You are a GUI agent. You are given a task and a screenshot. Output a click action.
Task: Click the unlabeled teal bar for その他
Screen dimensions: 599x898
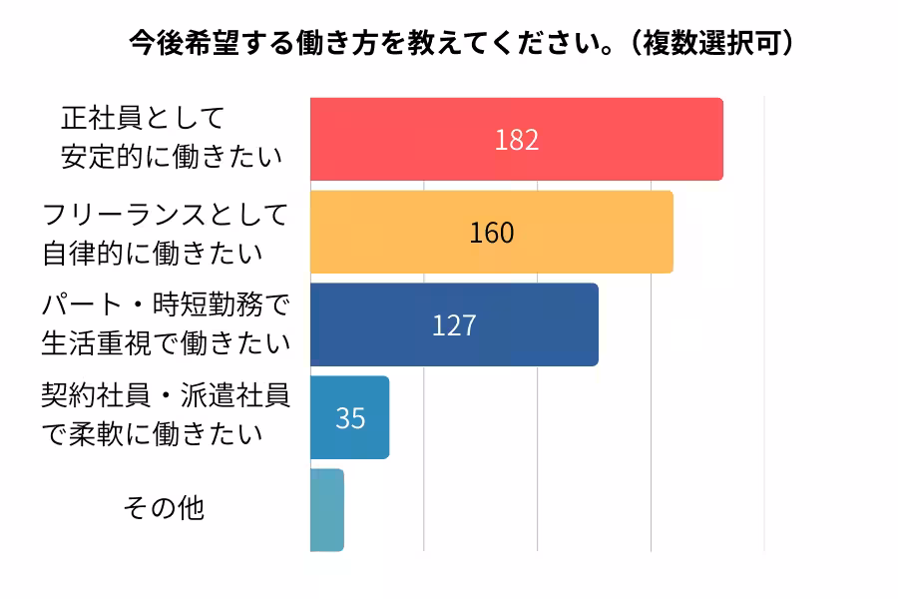pyautogui.click(x=326, y=510)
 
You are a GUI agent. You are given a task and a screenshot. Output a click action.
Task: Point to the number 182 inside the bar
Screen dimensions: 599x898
pyautogui.click(x=517, y=140)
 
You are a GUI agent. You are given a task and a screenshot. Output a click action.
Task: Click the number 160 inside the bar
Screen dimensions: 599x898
pyautogui.click(x=492, y=233)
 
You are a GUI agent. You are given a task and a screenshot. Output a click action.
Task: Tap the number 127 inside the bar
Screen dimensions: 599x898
pyautogui.click(x=454, y=325)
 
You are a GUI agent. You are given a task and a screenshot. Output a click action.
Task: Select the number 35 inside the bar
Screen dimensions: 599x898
pyautogui.click(x=350, y=418)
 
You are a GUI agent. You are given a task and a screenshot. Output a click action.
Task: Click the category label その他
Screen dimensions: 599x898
pyautogui.click(x=164, y=508)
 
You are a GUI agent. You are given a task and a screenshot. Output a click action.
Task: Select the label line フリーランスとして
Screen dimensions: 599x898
pyautogui.click(x=165, y=214)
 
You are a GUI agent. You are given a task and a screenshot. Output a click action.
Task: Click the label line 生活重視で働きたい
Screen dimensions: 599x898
pyautogui.click(x=165, y=343)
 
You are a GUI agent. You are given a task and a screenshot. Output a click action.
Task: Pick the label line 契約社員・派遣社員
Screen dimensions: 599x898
pyautogui.click(x=165, y=397)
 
